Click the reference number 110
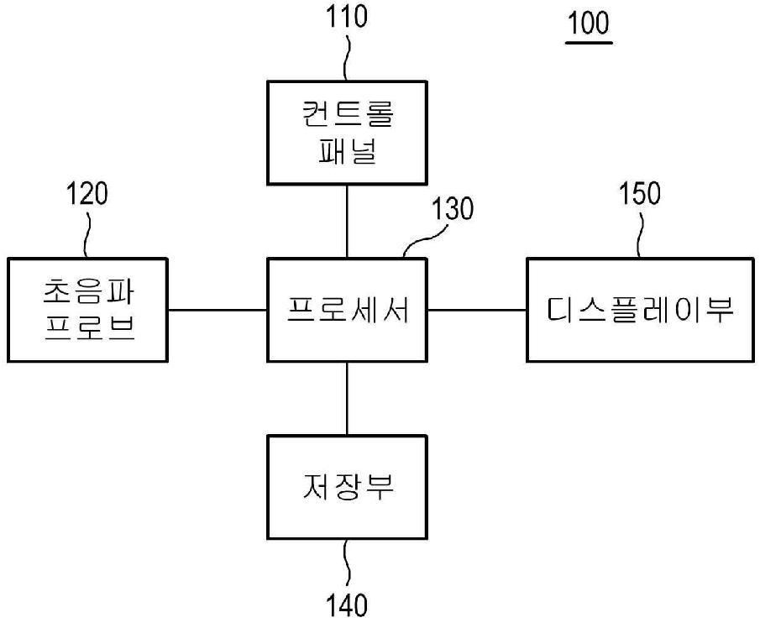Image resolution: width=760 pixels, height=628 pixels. (348, 18)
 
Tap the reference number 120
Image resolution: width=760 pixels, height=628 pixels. (86, 195)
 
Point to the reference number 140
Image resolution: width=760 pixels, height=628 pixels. (347, 604)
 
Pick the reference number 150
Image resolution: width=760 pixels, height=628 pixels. (640, 194)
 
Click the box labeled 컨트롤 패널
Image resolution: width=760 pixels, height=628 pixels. (347, 133)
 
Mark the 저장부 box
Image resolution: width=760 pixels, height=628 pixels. (347, 487)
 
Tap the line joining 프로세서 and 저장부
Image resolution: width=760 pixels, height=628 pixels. (347, 399)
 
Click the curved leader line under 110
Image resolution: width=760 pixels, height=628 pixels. (348, 57)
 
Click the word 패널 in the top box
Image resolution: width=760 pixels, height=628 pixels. (347, 152)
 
